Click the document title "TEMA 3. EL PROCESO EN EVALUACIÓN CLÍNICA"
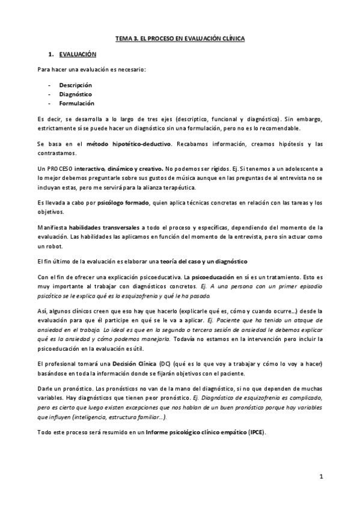(x=180, y=38)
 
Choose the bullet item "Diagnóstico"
(x=75, y=94)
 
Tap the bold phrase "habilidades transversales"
(x=105, y=227)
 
